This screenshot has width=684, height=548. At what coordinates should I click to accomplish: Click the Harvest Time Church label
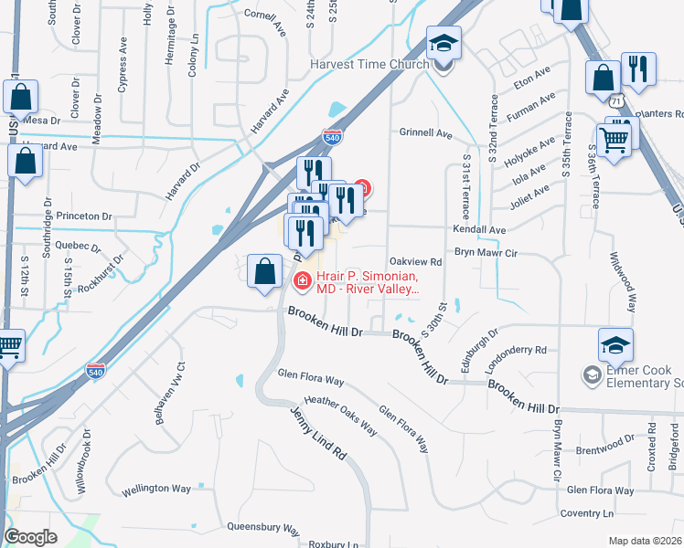tap(369, 64)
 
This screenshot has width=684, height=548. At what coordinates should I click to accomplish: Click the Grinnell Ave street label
tap(425, 133)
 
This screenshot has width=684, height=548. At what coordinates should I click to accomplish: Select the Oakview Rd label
tap(415, 261)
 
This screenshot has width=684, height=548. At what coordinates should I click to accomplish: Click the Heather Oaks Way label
tap(341, 415)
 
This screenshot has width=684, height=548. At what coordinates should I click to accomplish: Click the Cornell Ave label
tap(266, 21)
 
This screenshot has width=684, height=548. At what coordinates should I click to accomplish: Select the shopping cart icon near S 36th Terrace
tap(615, 139)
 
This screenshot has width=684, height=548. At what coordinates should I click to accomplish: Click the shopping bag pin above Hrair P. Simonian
tap(264, 271)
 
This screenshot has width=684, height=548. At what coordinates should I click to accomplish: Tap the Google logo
tap(31, 536)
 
